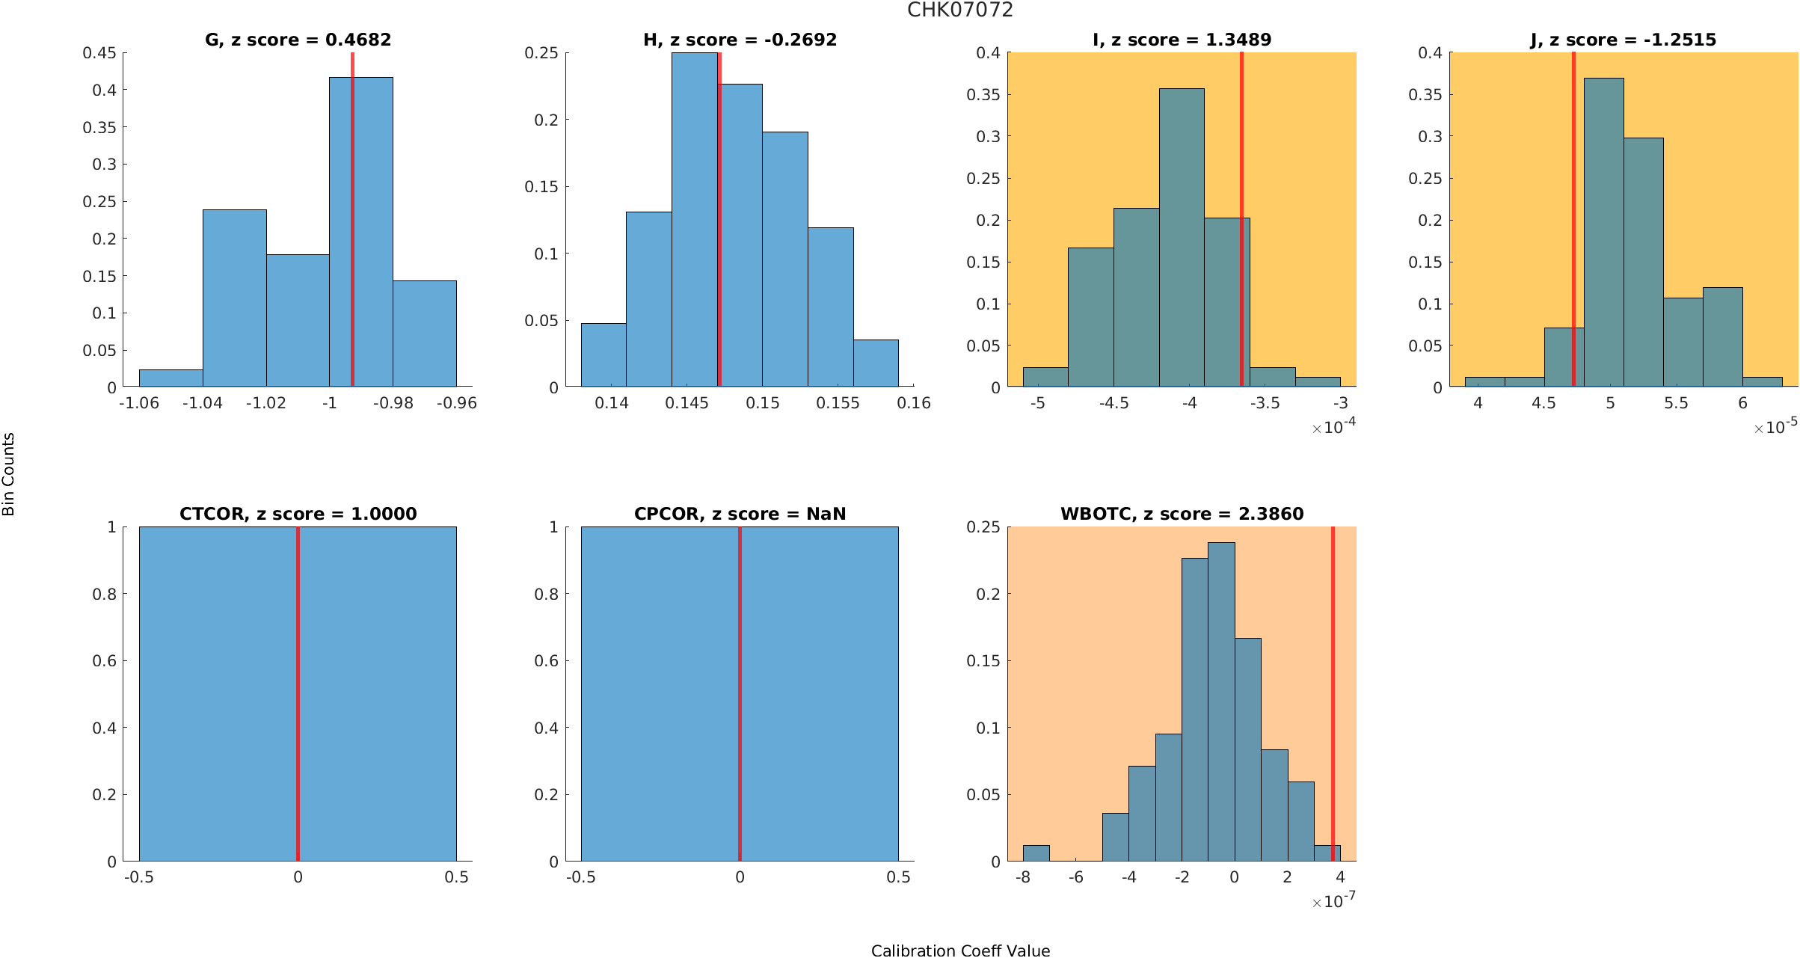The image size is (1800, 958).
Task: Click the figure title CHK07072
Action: click(x=959, y=10)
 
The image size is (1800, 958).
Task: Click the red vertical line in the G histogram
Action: click(x=352, y=224)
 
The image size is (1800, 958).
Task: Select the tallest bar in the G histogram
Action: click(x=361, y=232)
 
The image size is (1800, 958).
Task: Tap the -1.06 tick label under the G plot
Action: click(x=139, y=404)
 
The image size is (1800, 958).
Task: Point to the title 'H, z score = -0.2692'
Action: click(x=740, y=40)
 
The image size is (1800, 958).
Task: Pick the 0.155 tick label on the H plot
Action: click(x=838, y=404)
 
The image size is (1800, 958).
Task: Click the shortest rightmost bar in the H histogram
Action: click(x=876, y=363)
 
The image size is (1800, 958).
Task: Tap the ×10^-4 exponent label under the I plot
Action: click(x=1333, y=427)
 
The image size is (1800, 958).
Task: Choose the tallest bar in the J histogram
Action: click(x=1603, y=232)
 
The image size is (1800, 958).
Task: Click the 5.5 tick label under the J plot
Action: click(x=1676, y=404)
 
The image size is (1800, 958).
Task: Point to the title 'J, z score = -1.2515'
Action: click(x=1623, y=40)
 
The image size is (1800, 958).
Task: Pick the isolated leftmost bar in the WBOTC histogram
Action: click(x=1036, y=853)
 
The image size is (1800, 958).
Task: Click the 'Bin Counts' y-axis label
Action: click(x=9, y=474)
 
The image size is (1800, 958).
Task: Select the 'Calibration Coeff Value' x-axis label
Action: click(x=960, y=951)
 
